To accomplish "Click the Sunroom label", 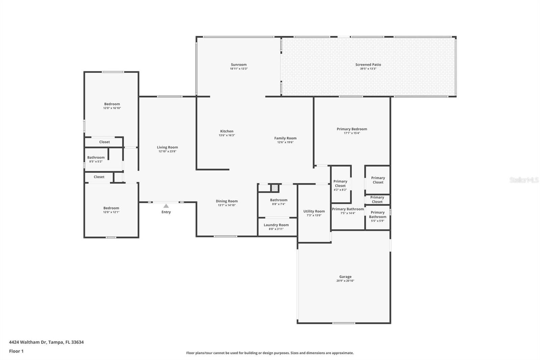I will tap(239, 65).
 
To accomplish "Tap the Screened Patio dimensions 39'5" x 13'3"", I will tap(368, 69).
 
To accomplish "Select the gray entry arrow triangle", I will tap(166, 206).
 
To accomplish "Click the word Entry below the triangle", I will tap(166, 212).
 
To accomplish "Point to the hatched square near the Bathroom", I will tap(275, 188).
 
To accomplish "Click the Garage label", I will tap(345, 277).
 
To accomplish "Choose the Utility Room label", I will tap(314, 211).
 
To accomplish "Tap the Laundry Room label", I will tap(276, 225).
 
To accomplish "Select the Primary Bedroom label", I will tap(352, 129).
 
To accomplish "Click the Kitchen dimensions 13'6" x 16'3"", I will tap(227, 135).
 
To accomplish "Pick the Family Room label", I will tap(285, 138).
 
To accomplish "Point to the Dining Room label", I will tap(227, 201).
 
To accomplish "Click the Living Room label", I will tap(167, 147).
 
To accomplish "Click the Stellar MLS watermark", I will tap(524, 180).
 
